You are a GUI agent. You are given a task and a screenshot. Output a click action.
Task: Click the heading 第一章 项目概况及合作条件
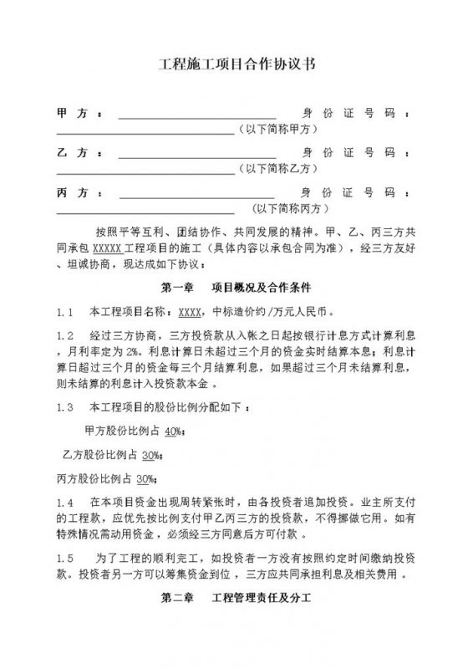(236, 286)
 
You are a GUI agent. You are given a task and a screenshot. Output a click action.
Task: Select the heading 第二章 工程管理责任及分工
(236, 600)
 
